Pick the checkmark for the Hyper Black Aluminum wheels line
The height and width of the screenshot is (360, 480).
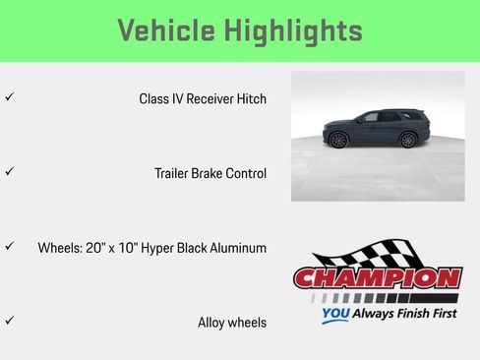pyautogui.click(x=9, y=246)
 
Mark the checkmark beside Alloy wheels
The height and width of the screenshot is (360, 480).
pyautogui.click(x=9, y=320)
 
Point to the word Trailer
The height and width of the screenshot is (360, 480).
pyautogui.click(x=173, y=173)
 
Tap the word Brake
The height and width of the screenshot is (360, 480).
pyautogui.click(x=216, y=173)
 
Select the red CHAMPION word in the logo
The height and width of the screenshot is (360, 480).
pyautogui.click(x=377, y=278)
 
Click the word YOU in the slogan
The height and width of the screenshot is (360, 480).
pyautogui.click(x=335, y=316)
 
